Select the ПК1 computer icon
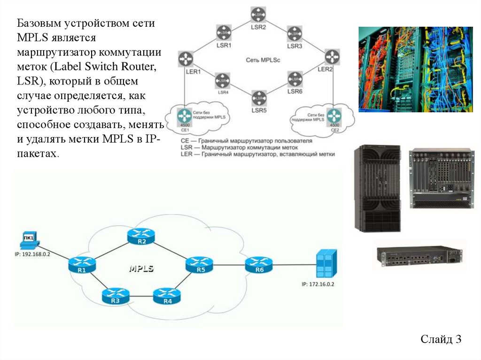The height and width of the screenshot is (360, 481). tap(28, 239)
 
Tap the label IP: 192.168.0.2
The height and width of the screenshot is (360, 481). tap(32, 254)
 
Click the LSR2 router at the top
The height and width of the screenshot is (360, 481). tap(258, 15)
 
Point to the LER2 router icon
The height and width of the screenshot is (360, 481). tap(332, 56)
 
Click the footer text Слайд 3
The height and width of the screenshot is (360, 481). tap(441, 339)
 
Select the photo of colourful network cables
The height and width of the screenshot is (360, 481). tap(416, 69)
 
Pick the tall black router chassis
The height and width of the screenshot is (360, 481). tap(377, 188)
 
